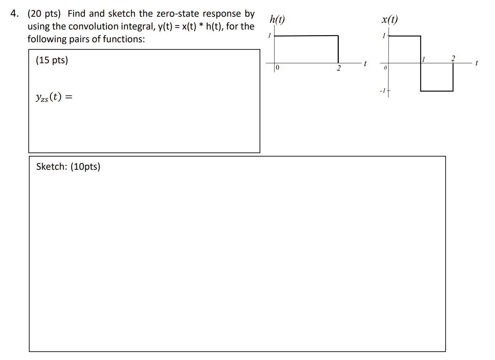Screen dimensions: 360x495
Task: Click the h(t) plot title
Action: (277, 19)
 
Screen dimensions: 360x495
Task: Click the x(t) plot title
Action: (390, 19)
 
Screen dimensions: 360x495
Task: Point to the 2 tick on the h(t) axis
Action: (338, 68)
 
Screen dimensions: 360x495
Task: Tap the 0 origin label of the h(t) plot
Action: (277, 67)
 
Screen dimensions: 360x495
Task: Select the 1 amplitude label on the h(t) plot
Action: (269, 36)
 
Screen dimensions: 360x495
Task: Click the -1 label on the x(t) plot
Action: (382, 91)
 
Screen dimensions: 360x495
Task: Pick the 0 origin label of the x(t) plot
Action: (385, 67)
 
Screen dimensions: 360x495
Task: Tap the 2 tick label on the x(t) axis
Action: (453, 58)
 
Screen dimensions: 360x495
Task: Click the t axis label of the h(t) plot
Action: (365, 64)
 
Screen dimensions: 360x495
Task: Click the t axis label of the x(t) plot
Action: (476, 63)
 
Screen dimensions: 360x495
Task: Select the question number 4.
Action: (14, 14)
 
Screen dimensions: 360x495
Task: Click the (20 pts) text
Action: (44, 14)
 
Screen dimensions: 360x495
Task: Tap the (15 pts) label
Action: (52, 60)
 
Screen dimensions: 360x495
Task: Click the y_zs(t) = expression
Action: (54, 97)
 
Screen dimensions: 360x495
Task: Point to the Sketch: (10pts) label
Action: (68, 167)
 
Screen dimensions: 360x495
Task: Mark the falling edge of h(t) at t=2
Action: (338, 49)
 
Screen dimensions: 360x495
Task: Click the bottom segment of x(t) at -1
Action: (437, 91)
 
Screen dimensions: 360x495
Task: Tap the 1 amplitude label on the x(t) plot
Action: (384, 36)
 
